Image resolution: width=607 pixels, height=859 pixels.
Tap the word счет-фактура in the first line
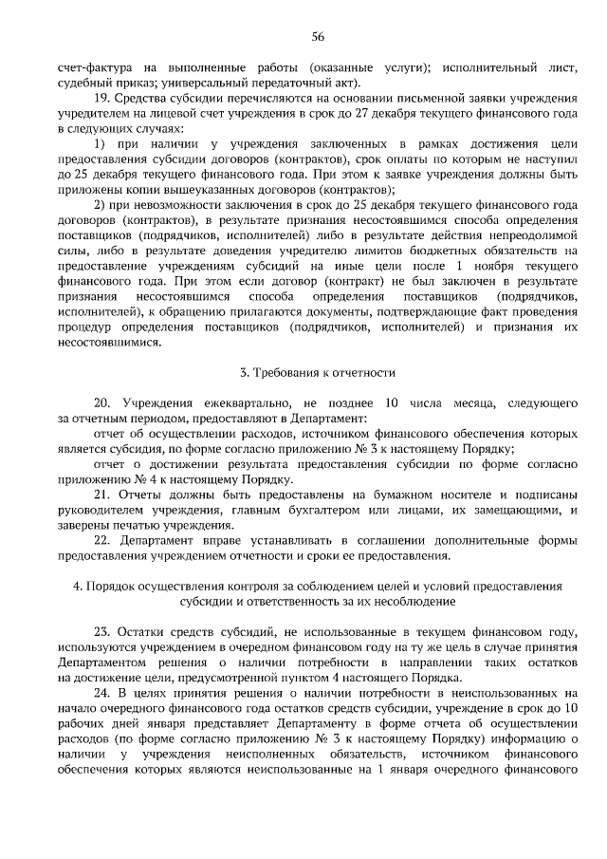tap(93, 68)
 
